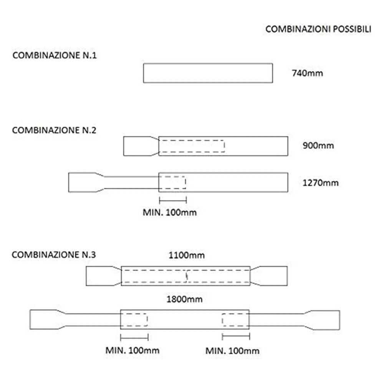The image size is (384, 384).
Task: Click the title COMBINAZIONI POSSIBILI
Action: click(318, 29)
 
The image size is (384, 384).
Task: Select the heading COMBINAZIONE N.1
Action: click(55, 55)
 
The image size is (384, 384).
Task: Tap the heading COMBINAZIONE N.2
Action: click(54, 130)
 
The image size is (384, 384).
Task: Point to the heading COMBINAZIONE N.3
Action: click(54, 255)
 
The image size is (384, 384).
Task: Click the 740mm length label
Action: click(307, 73)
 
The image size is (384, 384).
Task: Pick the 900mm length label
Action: click(318, 146)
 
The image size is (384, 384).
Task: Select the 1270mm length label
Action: click(321, 183)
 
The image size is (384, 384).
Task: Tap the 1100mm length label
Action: click(187, 255)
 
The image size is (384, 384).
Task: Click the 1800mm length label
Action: click(184, 299)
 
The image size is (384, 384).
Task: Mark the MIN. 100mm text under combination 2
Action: click(170, 212)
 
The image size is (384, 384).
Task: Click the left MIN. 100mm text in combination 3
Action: click(132, 350)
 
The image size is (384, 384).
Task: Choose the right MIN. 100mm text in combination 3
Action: click(232, 351)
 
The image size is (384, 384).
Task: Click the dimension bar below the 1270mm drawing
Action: click(173, 200)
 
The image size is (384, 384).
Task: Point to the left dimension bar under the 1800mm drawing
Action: click(134, 337)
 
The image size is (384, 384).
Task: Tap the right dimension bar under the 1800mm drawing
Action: click(236, 337)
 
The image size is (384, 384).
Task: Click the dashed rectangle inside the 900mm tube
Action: click(192, 140)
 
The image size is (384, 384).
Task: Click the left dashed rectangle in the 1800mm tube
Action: click(147, 320)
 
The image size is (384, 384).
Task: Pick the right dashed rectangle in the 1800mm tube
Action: click(222, 320)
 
